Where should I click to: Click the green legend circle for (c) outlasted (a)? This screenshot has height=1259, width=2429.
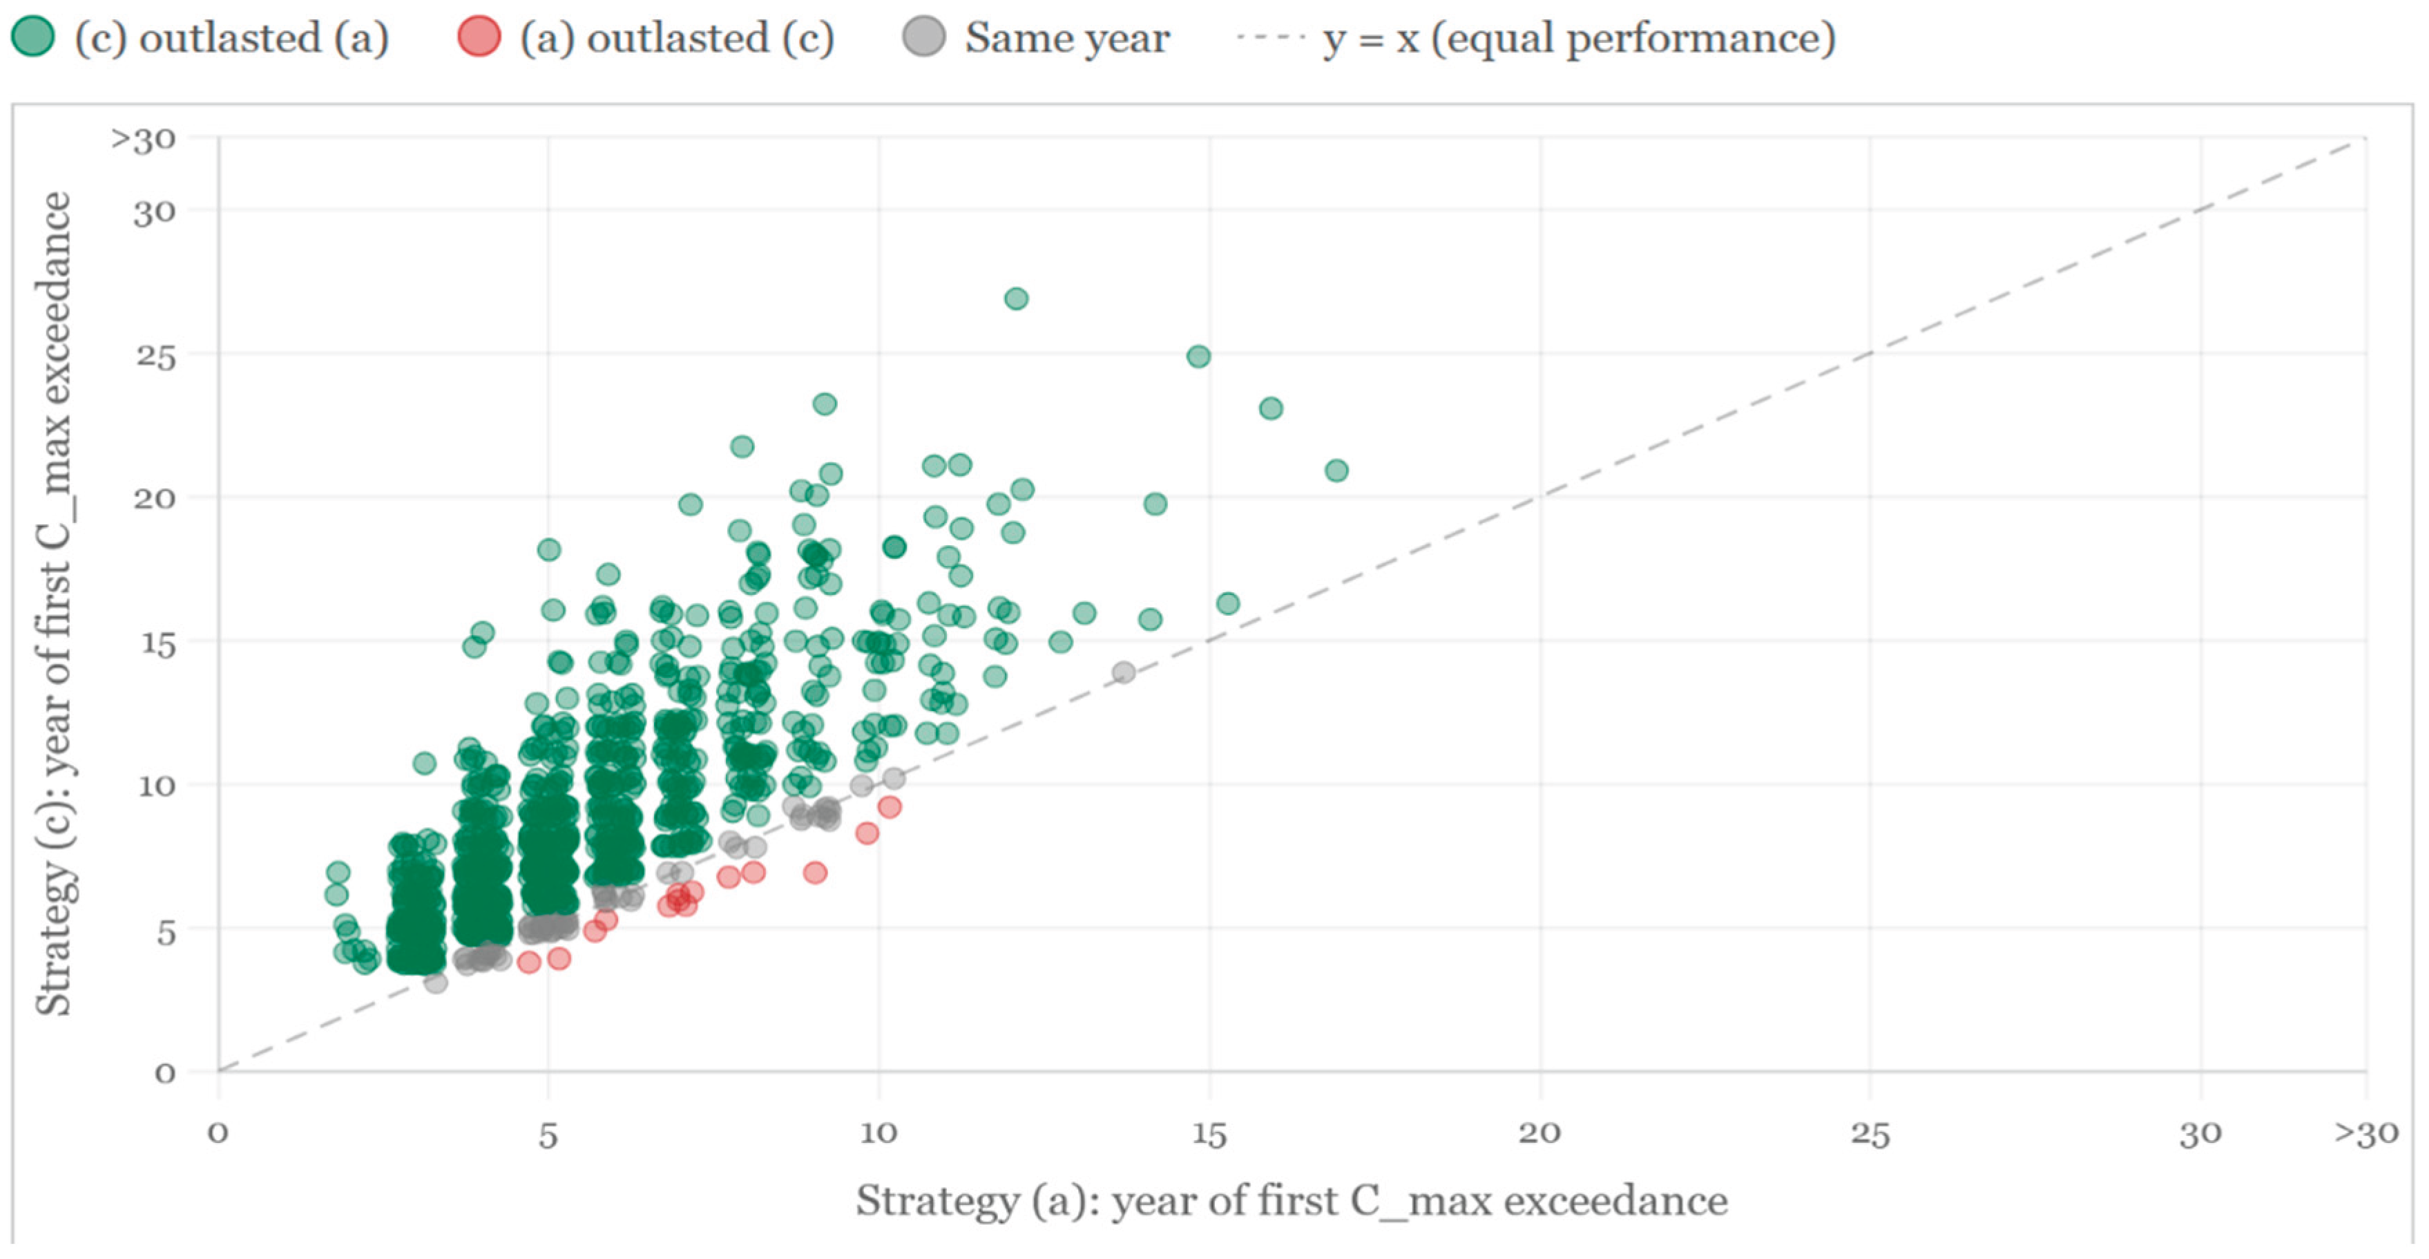(33, 38)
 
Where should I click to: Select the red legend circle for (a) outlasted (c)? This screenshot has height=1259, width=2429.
(479, 38)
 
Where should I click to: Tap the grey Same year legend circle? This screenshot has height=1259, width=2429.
(923, 38)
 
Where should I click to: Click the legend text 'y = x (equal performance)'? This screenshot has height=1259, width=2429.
(1579, 38)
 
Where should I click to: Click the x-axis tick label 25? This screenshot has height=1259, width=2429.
(1870, 1133)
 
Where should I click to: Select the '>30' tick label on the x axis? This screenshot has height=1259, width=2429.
(2365, 1133)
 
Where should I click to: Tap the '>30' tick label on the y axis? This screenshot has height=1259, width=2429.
(144, 140)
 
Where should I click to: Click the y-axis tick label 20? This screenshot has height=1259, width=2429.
(154, 497)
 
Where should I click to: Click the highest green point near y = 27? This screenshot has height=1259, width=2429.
(1015, 299)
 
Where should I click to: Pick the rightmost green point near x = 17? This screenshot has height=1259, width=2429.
(1336, 471)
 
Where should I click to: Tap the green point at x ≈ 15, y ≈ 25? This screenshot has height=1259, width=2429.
(1198, 357)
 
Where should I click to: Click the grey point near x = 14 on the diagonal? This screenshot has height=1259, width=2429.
(1123, 672)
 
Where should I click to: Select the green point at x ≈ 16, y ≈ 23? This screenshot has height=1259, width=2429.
(1271, 408)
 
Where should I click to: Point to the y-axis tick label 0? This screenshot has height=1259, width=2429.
(165, 1073)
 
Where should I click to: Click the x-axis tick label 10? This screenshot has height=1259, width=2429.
(878, 1133)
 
